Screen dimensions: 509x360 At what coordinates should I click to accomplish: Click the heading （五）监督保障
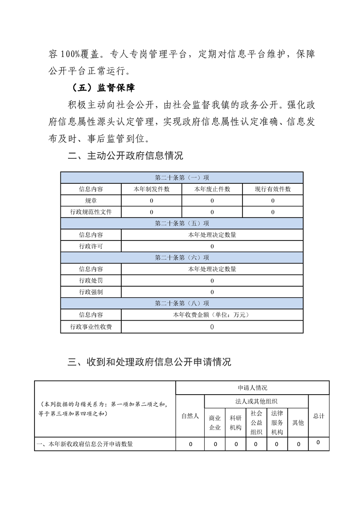click(101, 88)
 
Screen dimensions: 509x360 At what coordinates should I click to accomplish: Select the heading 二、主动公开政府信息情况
click(125, 157)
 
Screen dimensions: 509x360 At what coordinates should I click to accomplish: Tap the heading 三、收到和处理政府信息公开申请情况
click(149, 362)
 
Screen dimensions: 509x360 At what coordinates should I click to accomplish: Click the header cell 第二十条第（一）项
click(182, 177)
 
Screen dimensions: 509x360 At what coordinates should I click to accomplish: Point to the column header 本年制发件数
click(151, 189)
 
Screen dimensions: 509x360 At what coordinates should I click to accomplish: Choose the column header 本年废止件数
click(212, 189)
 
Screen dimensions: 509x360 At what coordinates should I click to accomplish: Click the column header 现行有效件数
click(272, 189)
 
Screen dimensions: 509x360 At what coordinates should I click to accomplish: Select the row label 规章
click(91, 201)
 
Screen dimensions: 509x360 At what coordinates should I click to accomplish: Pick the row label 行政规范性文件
click(91, 212)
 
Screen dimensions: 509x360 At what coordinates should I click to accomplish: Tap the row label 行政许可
click(91, 246)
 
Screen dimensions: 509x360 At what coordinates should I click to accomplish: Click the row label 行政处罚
click(91, 281)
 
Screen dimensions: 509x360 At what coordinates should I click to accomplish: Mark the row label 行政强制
click(91, 292)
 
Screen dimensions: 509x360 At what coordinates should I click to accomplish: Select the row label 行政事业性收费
click(91, 327)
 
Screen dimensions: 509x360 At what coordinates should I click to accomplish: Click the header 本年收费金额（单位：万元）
click(212, 315)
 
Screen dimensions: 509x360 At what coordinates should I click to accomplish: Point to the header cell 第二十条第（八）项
click(182, 303)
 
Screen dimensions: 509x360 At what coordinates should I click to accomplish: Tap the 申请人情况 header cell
click(252, 388)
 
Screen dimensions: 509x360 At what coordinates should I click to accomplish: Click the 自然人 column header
click(190, 416)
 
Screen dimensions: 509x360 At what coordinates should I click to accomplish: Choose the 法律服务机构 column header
click(277, 423)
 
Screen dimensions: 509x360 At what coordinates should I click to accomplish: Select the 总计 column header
click(319, 416)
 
